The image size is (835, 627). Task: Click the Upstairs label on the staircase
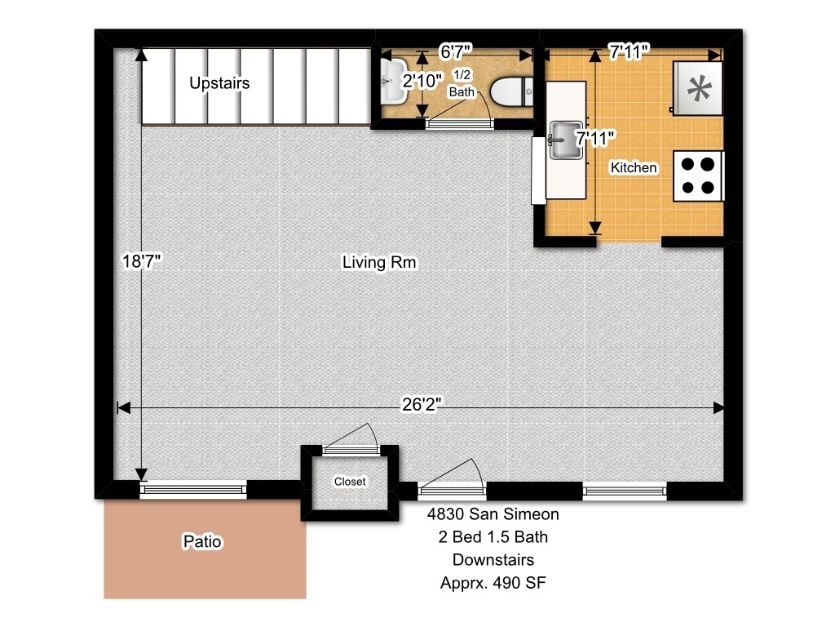[x=219, y=83]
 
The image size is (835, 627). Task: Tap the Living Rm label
[x=379, y=262]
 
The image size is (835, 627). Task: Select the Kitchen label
[x=633, y=167]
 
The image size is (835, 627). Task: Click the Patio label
[x=202, y=542]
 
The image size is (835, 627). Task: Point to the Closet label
[x=350, y=482]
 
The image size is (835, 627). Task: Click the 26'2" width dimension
[x=422, y=405]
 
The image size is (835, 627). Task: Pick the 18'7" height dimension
[x=142, y=261]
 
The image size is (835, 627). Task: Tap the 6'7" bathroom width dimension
[x=455, y=51]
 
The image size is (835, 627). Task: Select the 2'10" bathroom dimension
[x=422, y=81]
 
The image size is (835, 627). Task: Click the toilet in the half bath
[x=511, y=91]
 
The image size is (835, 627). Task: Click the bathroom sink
[x=394, y=81]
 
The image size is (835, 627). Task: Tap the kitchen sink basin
[x=566, y=140]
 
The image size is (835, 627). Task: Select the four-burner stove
[x=698, y=176]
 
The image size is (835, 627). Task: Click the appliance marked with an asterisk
[x=698, y=88]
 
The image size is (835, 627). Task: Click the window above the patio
[x=193, y=489]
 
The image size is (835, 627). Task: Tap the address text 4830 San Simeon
[x=493, y=514]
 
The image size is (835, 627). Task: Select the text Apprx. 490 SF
[x=493, y=583]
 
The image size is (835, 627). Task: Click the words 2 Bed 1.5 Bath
[x=493, y=537]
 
